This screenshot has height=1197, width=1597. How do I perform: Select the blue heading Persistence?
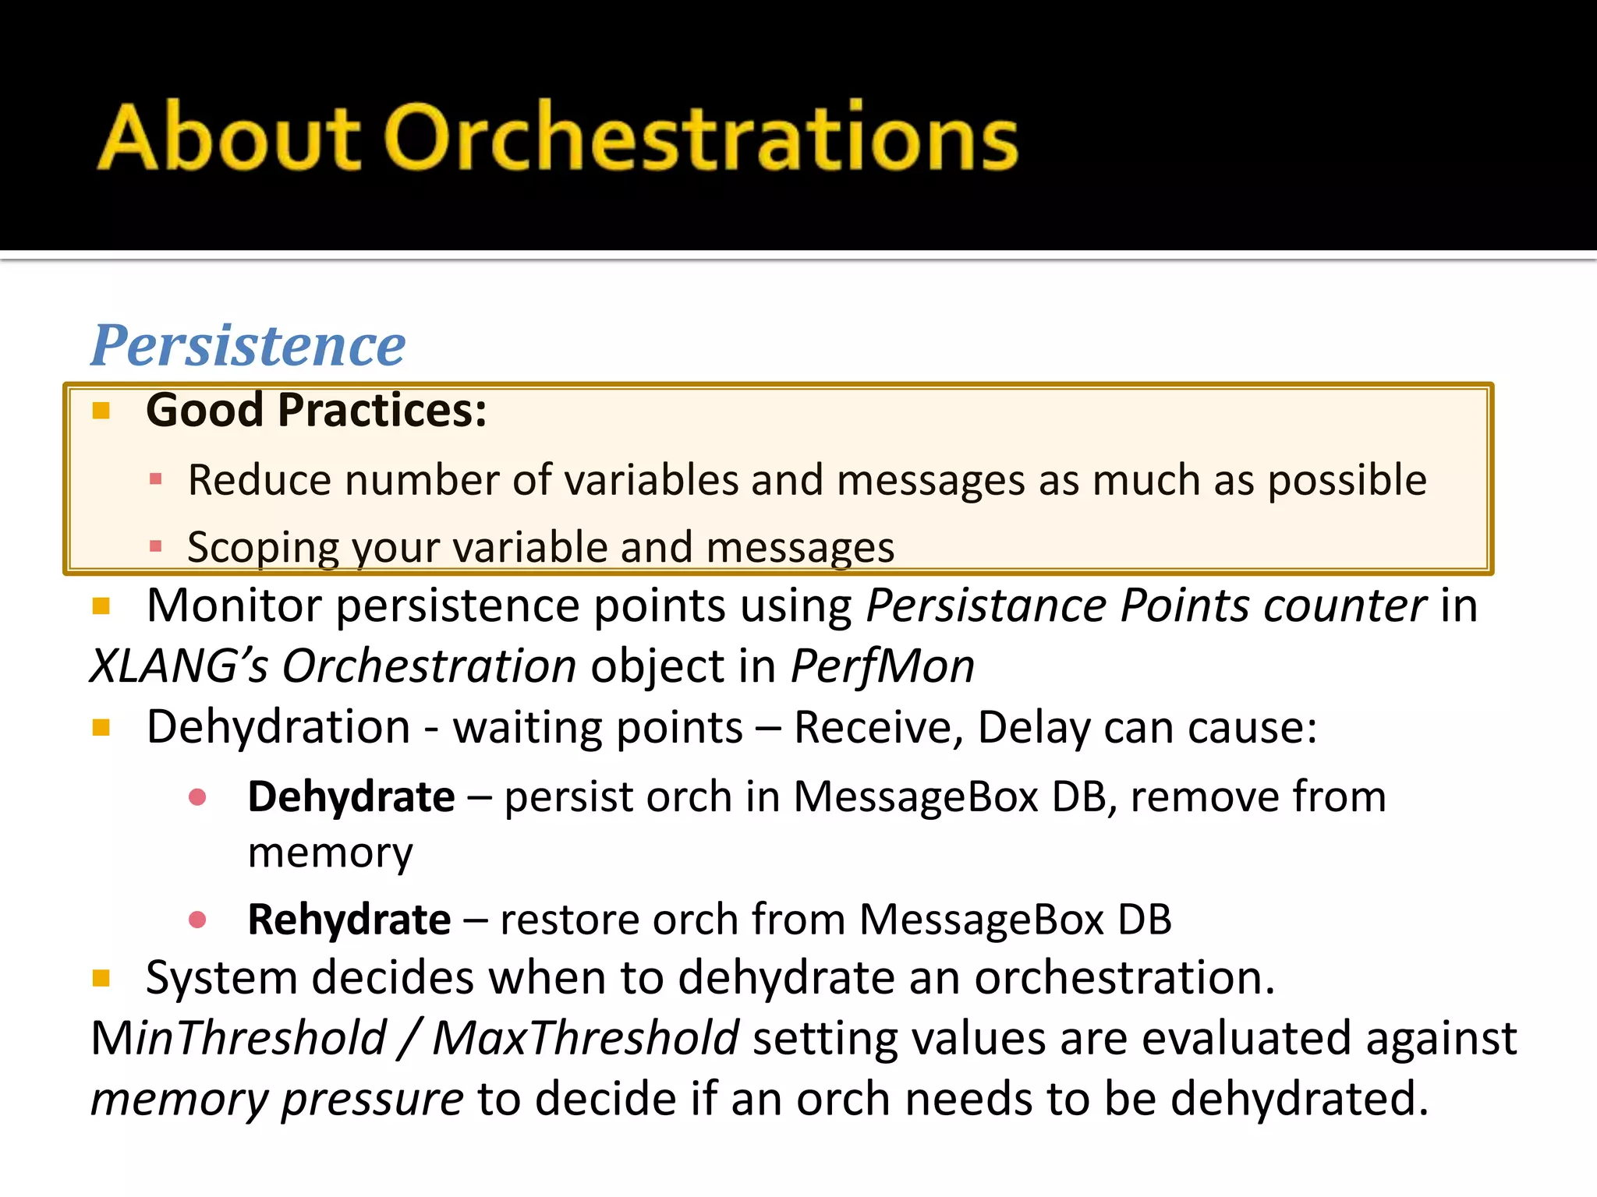248,345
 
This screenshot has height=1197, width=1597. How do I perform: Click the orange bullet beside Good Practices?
101,410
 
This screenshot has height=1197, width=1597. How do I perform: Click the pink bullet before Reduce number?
155,478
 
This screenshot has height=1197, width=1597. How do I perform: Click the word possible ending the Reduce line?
1347,480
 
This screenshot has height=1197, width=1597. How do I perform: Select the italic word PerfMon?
882,666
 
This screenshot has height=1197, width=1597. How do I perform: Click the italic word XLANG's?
179,666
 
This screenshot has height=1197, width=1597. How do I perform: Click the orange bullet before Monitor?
101,606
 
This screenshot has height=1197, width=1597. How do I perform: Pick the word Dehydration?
278,727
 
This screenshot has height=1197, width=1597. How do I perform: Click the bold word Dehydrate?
351,797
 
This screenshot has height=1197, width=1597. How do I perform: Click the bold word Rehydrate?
349,920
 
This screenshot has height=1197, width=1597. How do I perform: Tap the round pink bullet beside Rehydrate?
197,920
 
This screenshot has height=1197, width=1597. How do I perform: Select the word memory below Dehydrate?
330,853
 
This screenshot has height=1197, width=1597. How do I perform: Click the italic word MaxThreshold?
586,1039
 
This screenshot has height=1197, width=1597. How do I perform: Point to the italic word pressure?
373,1100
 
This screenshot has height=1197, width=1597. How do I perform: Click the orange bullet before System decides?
101,978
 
